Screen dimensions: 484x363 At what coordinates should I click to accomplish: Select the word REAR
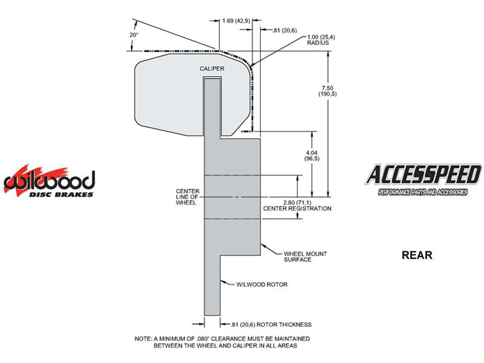click(x=417, y=255)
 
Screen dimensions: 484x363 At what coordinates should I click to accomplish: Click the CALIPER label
click(x=212, y=69)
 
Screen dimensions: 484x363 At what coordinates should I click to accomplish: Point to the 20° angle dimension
click(x=134, y=35)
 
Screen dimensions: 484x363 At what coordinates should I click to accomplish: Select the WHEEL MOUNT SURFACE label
click(x=305, y=257)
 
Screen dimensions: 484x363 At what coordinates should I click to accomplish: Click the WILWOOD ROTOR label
click(x=262, y=285)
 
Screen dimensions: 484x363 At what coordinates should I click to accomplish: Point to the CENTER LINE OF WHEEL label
click(x=188, y=197)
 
